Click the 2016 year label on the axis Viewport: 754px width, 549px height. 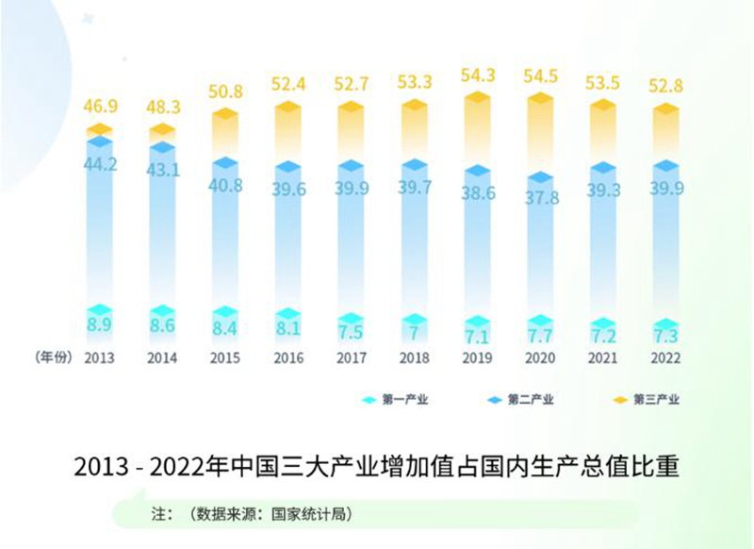coord(288,359)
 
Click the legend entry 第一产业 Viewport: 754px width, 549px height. coord(405,400)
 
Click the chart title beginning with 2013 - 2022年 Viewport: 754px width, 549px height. coord(376,467)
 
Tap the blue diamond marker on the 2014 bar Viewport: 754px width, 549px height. coord(162,148)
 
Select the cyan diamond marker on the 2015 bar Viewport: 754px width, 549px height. coord(225,312)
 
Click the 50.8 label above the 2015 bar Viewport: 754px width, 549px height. coord(225,92)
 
